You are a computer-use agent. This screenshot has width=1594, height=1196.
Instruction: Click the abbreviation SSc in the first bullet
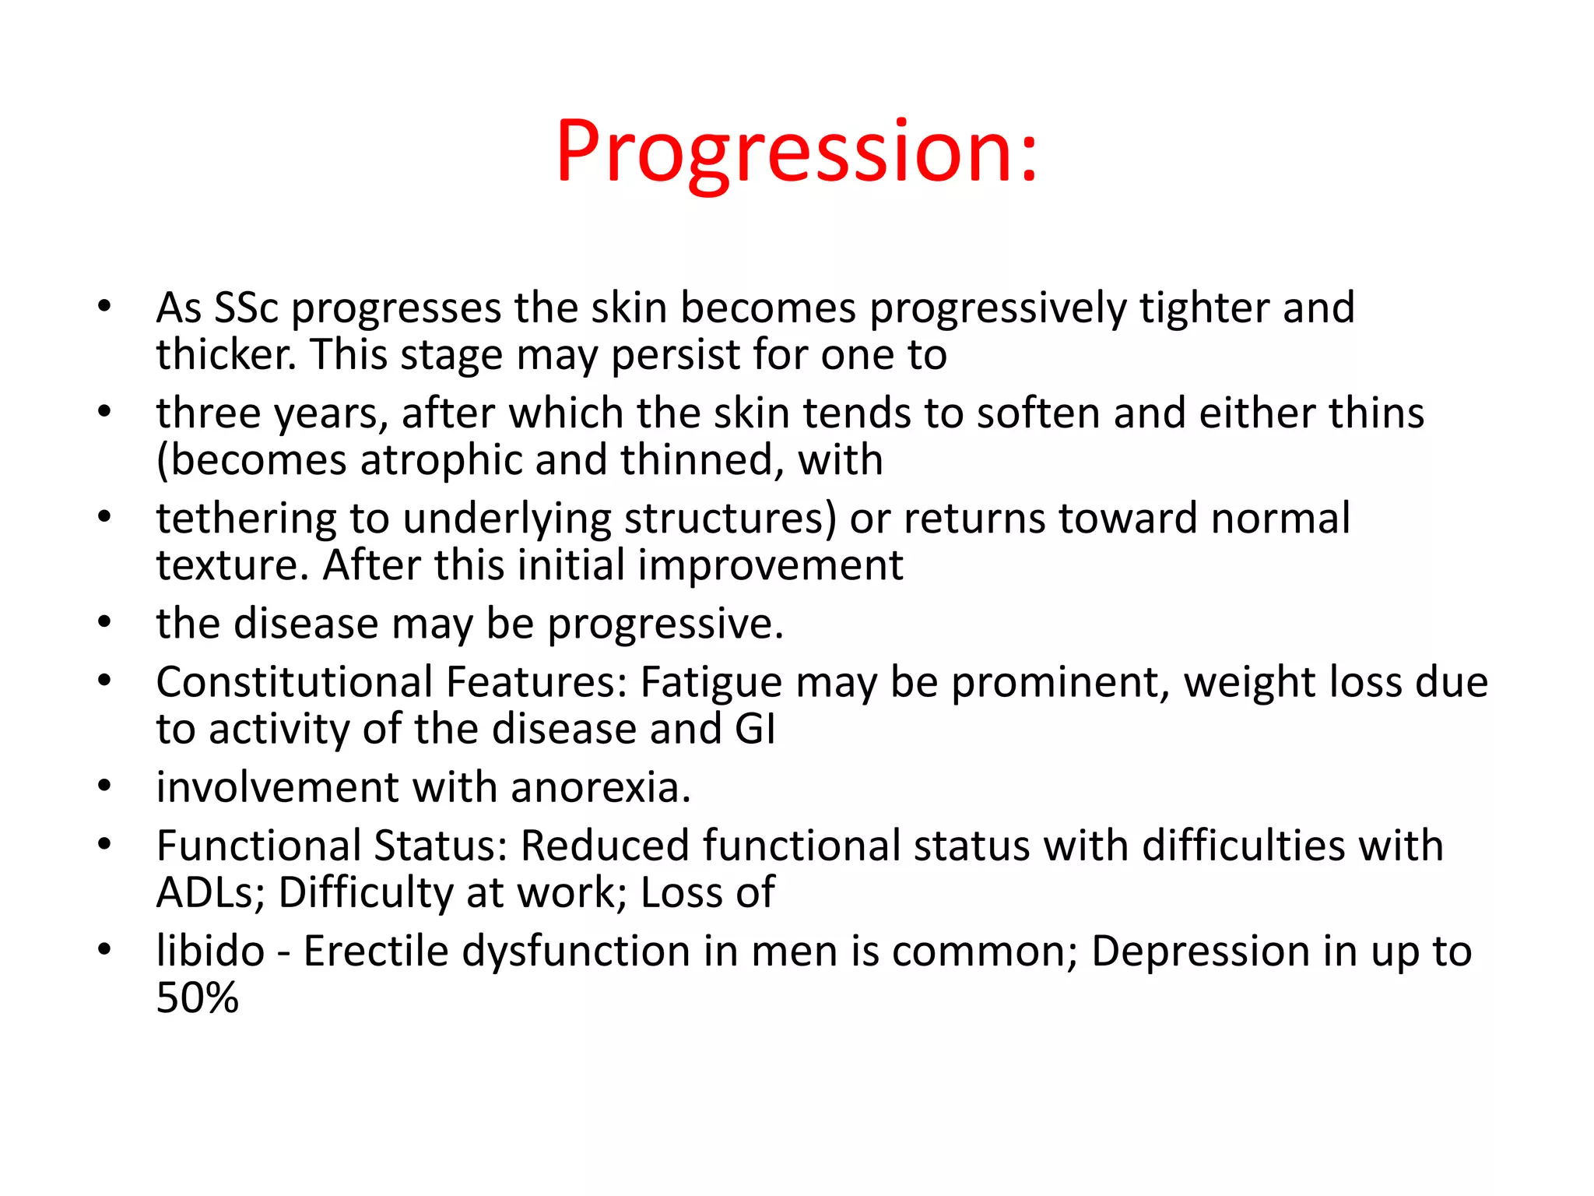246,308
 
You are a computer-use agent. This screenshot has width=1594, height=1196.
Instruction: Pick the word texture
231,566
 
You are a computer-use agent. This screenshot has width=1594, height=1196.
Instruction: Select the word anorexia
600,788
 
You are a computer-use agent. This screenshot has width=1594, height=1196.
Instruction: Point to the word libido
210,952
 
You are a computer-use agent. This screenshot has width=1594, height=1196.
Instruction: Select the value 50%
197,998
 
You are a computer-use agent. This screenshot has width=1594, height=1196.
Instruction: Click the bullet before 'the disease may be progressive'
105,623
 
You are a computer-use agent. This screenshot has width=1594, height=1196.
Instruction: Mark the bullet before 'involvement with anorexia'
105,786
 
